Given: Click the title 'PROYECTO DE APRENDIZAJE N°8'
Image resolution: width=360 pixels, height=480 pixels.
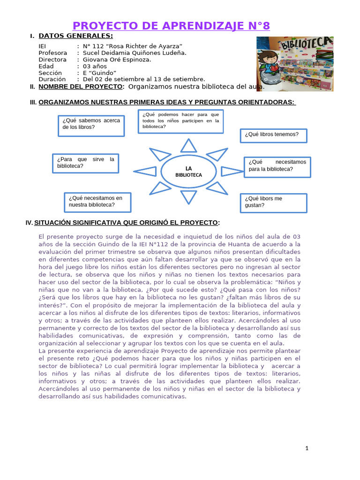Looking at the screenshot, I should tap(172, 25).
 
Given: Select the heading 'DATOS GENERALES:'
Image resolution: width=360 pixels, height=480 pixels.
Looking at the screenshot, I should tap(75, 36).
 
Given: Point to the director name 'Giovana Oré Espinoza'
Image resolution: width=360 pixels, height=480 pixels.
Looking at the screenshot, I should tap(117, 60).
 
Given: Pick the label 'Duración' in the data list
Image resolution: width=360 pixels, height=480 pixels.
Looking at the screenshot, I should tap(52, 79).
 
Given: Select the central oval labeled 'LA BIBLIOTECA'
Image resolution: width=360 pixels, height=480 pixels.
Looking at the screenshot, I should tap(188, 172).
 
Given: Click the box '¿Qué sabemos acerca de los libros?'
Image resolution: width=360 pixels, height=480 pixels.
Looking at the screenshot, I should tap(91, 124).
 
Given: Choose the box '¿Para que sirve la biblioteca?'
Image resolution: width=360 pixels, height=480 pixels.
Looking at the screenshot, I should tap(84, 163).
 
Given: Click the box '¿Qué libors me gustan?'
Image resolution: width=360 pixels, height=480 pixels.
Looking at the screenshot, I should tap(273, 202).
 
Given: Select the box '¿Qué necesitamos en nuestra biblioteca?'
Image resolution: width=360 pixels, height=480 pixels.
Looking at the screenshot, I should tap(97, 202).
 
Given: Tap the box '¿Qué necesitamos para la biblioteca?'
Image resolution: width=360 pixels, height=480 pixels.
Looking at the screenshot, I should tap(277, 165).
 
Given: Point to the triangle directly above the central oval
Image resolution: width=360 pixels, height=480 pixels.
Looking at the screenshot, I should tap(188, 145).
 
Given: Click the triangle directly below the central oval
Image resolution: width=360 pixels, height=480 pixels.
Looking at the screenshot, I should tap(188, 196).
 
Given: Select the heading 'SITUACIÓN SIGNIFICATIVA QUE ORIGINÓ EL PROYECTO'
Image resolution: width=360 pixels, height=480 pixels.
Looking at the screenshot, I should tap(126, 222).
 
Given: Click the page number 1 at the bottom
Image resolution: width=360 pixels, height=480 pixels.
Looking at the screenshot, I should tap(307, 449).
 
